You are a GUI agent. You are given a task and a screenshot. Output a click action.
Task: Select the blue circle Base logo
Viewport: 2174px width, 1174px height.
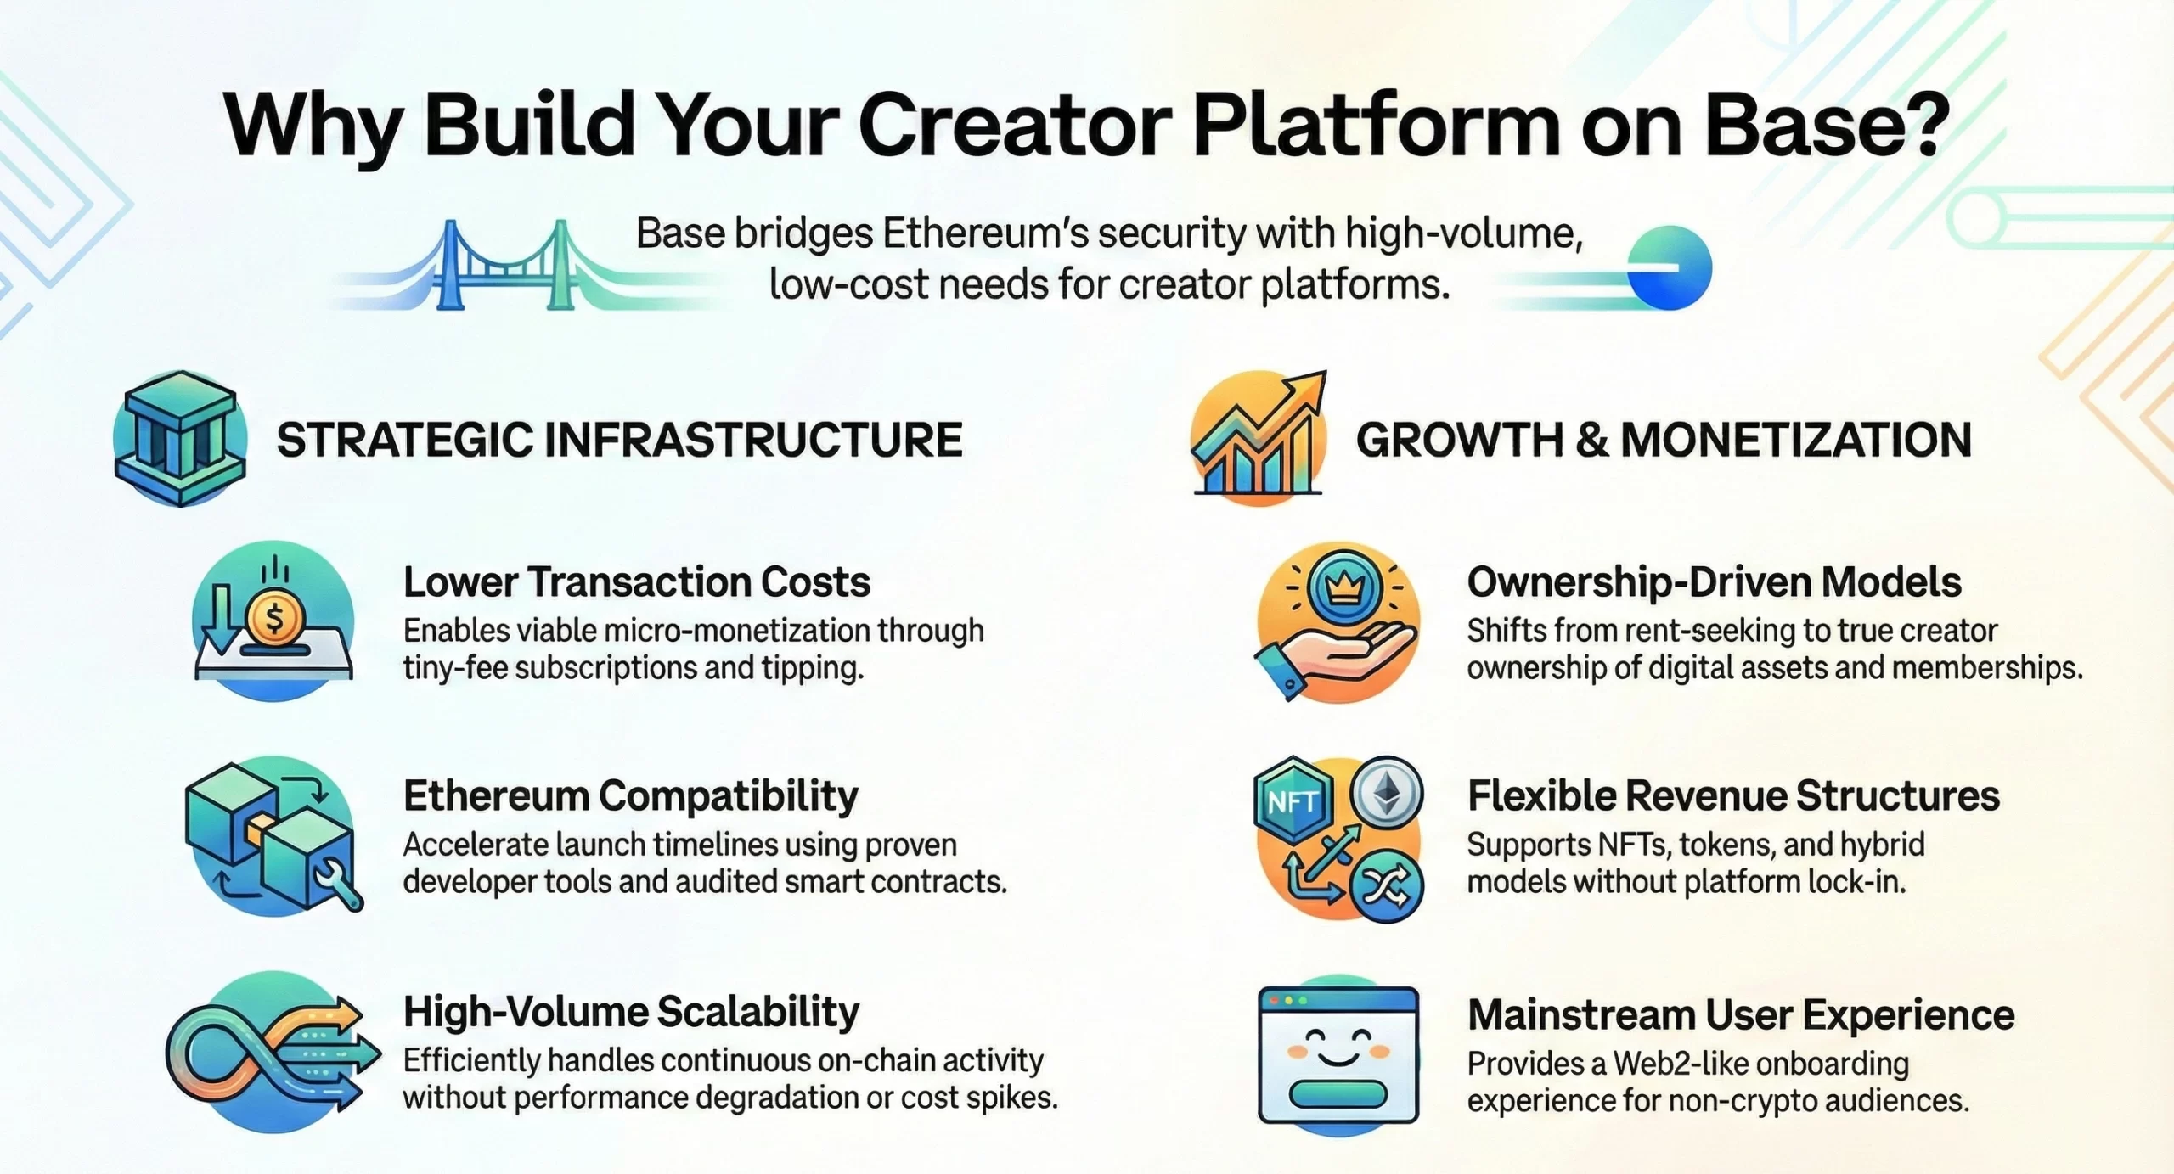click(1670, 268)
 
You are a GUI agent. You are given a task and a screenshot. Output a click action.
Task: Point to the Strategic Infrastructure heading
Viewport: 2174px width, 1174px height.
click(620, 440)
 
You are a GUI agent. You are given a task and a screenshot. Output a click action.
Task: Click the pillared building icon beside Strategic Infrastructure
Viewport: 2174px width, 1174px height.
click(180, 438)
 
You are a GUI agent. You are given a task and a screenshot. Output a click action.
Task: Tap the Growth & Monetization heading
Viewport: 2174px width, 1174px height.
click(1664, 440)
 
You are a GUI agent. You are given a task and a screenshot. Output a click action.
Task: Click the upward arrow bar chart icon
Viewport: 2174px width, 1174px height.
click(1259, 436)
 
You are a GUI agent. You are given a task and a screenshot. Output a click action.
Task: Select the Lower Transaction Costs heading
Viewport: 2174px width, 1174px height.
click(637, 582)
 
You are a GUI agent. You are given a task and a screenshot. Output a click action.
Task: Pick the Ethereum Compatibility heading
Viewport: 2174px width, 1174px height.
click(631, 797)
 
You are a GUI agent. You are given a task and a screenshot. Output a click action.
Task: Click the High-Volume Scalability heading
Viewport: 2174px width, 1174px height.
click(631, 1012)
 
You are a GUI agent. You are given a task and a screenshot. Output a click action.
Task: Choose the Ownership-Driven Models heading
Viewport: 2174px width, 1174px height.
click(1715, 582)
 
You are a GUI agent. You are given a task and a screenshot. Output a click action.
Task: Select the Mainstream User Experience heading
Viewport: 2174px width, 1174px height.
click(1741, 1015)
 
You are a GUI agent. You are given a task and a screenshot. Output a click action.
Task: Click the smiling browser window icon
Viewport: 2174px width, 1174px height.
click(1338, 1054)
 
